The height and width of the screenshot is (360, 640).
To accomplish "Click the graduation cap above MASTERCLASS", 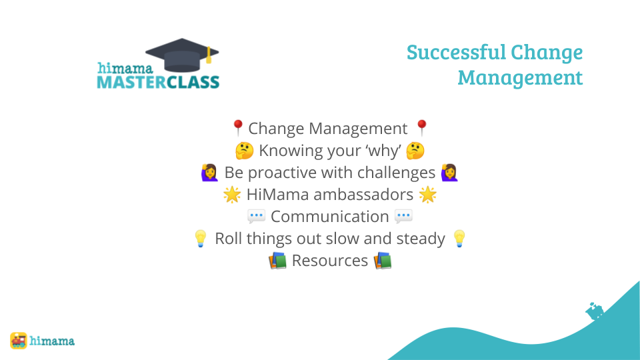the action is point(182,55).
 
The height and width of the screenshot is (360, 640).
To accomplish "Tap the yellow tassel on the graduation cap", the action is point(209,55).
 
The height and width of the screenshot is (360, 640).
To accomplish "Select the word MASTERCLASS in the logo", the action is point(159,82).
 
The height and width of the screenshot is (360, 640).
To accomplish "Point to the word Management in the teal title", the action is point(520,77).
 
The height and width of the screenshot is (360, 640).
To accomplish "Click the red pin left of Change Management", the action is point(237,128).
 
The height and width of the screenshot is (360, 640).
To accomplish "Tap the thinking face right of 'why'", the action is point(415,151).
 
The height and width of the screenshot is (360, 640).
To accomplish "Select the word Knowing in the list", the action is point(289,151).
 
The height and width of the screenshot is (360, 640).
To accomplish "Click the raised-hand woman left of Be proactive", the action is point(209,173).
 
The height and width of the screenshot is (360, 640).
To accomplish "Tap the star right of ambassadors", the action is point(428,195).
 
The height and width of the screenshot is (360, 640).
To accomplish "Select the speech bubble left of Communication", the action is point(256,216).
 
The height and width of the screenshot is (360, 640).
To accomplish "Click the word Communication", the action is point(330,217).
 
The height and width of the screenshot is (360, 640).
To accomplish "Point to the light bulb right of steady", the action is point(459,239).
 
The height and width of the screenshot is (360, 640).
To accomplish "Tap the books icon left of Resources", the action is point(277,261).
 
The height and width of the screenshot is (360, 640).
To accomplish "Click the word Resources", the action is point(330,261).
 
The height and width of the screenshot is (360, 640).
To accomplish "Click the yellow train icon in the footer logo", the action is point(19,341).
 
